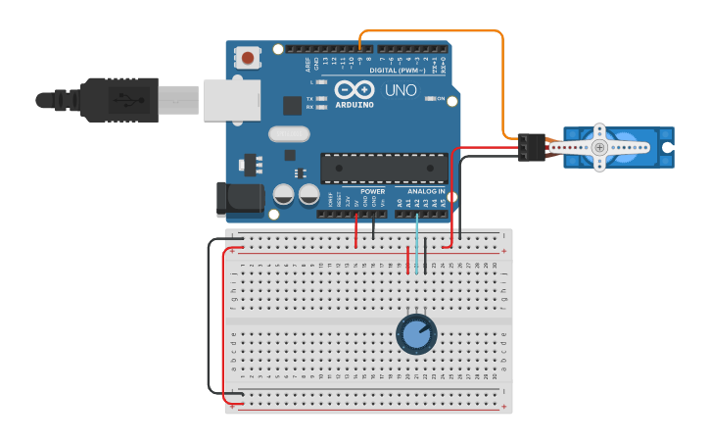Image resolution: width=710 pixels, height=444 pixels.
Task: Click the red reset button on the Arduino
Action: [x=248, y=58]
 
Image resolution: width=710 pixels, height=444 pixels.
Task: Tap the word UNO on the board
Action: [x=400, y=90]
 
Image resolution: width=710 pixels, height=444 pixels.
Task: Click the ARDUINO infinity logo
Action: [x=354, y=89]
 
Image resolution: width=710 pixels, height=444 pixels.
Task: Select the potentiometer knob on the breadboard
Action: [x=416, y=334]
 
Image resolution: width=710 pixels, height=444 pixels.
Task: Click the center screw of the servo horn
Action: [x=600, y=147]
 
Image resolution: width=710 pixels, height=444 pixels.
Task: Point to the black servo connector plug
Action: [x=532, y=147]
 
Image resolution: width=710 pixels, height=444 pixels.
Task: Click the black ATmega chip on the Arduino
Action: [x=376, y=168]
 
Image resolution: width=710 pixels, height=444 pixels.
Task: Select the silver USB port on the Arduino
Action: [x=232, y=100]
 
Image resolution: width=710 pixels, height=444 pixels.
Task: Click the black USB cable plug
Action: [x=118, y=100]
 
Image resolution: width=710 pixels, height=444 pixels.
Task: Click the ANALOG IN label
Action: [x=420, y=191]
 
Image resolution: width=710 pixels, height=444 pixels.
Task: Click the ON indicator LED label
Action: [x=441, y=99]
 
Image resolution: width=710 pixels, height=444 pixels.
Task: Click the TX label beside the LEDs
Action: [x=310, y=99]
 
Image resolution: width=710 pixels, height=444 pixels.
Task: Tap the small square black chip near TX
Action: [x=292, y=106]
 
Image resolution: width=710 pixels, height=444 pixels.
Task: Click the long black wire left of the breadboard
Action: [x=209, y=314]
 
